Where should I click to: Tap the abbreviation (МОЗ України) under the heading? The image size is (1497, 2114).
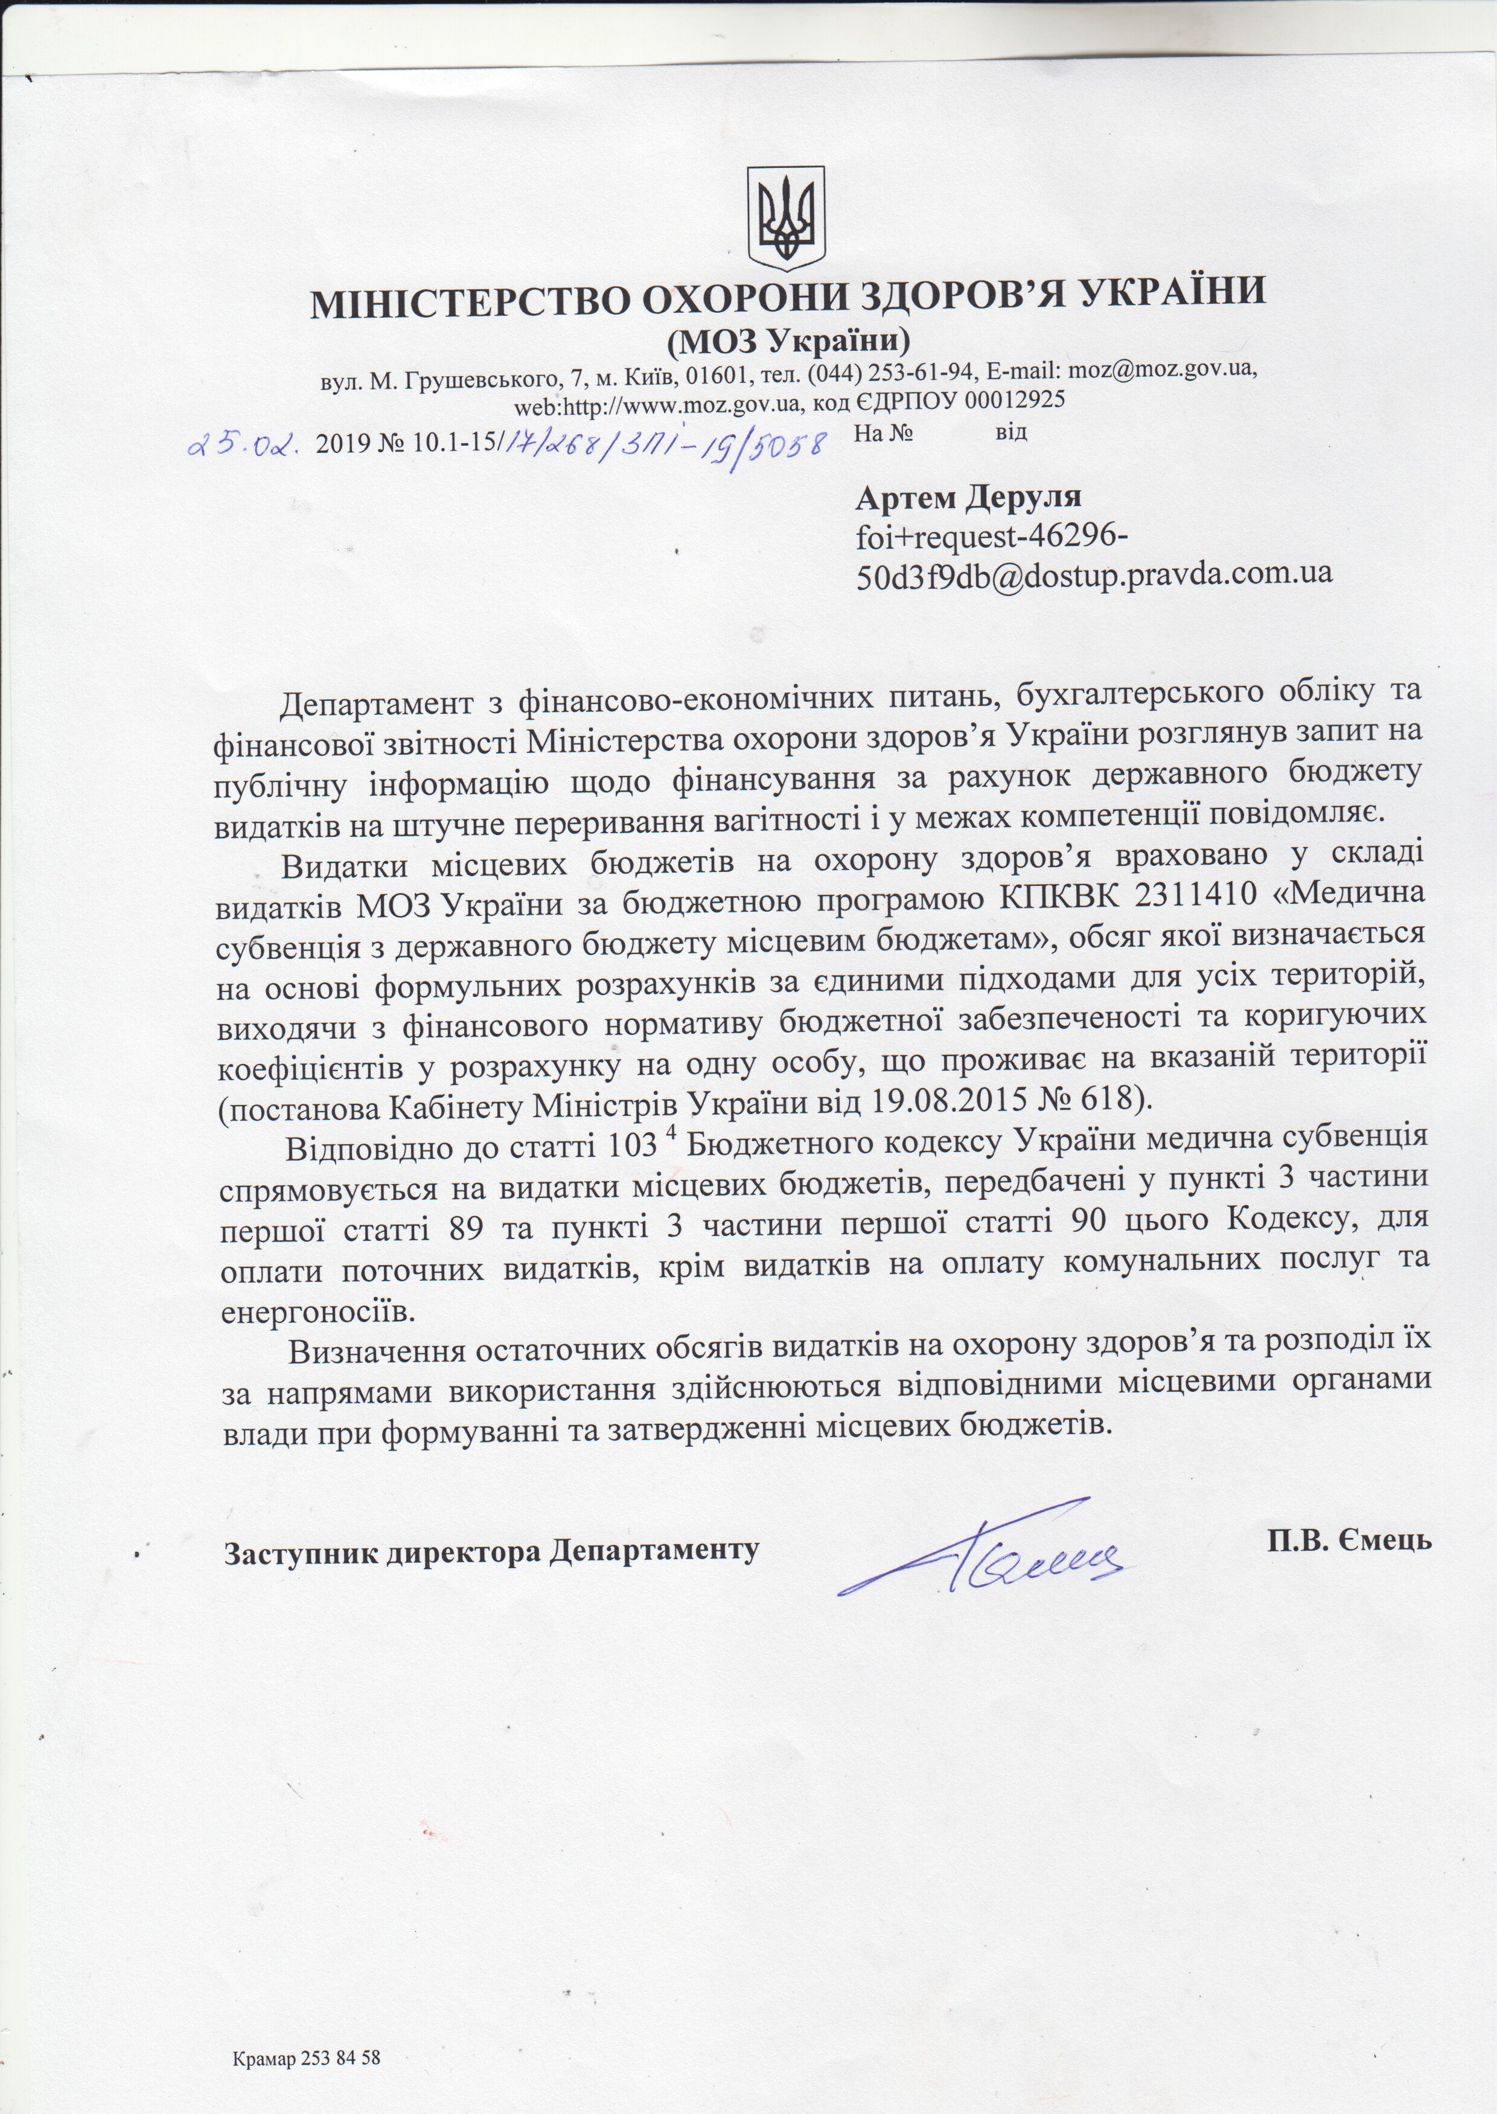(787, 342)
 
